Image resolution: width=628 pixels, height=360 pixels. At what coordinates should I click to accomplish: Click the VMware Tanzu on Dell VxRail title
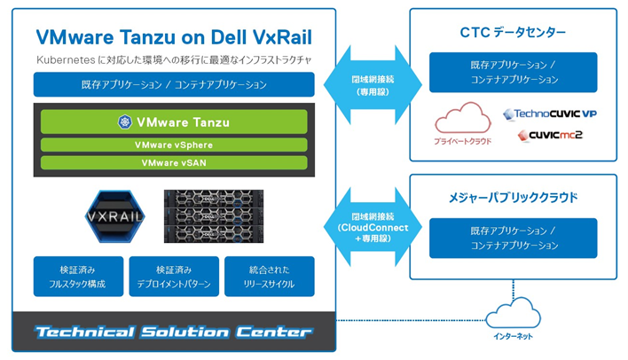pos(174,36)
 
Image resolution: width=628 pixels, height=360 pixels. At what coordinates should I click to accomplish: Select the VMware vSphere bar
pos(174,145)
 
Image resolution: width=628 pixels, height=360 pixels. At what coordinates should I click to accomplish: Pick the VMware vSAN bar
pos(174,162)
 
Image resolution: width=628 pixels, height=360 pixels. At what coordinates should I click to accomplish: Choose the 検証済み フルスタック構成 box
pos(78,277)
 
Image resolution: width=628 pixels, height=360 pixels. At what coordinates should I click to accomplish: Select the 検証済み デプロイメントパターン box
pos(174,277)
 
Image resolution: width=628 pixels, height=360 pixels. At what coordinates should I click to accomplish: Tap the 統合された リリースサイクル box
pos(270,277)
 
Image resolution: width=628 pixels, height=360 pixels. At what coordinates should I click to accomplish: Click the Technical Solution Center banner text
pos(174,333)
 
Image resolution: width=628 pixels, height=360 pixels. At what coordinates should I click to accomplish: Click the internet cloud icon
pos(514,312)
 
